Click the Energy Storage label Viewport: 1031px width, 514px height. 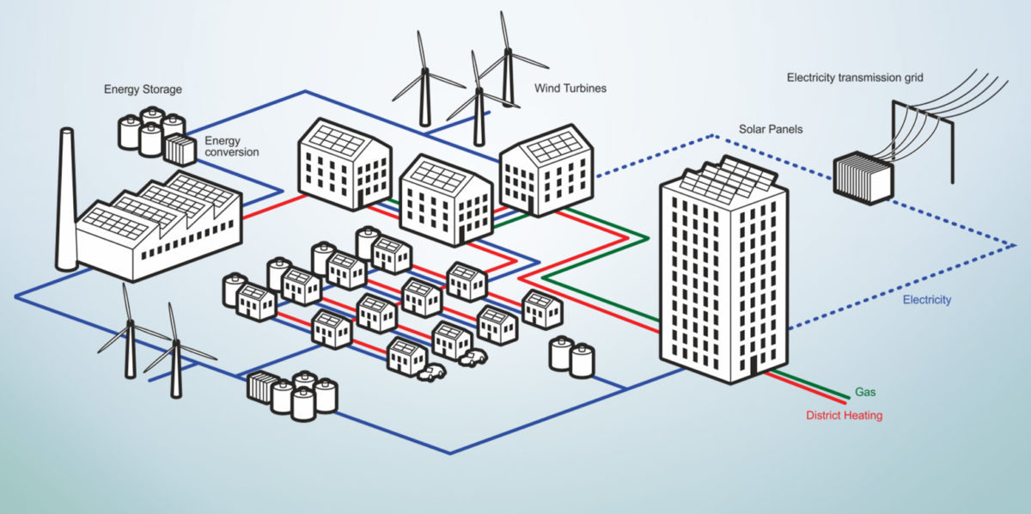point(143,89)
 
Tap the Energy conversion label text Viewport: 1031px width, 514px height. point(231,146)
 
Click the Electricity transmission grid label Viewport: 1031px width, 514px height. point(855,77)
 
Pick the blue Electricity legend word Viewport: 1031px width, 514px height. point(927,300)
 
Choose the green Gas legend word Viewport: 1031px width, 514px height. point(865,392)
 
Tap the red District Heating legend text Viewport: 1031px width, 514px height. point(844,416)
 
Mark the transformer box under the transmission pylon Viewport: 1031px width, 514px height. point(863,177)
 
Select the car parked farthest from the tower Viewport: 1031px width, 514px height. point(430,372)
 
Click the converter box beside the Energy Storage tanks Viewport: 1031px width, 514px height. point(181,150)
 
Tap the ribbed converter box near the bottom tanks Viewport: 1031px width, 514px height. point(259,387)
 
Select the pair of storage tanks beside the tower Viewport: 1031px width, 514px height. point(571,355)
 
